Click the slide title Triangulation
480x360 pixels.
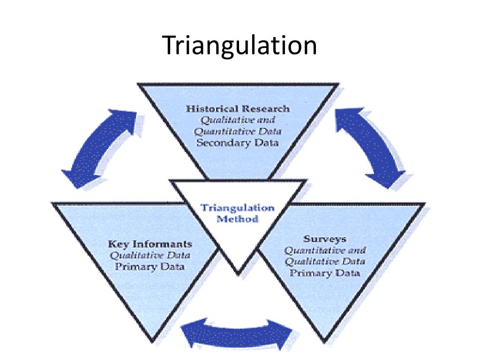pos(240,46)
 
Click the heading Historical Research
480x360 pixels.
pos(238,109)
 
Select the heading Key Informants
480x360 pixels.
pos(150,244)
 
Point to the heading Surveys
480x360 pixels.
pos(324,238)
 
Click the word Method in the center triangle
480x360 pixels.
pos(237,218)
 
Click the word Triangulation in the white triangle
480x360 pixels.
pos(237,208)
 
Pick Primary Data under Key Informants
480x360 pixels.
pos(150,267)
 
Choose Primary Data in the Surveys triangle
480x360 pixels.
pos(325,273)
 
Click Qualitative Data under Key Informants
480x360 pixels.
pos(150,255)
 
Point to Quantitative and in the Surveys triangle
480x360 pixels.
pos(325,250)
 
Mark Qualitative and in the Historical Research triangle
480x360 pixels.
pos(238,120)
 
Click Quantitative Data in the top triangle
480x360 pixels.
pos(238,131)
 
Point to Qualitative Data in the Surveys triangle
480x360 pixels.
pos(325,261)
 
